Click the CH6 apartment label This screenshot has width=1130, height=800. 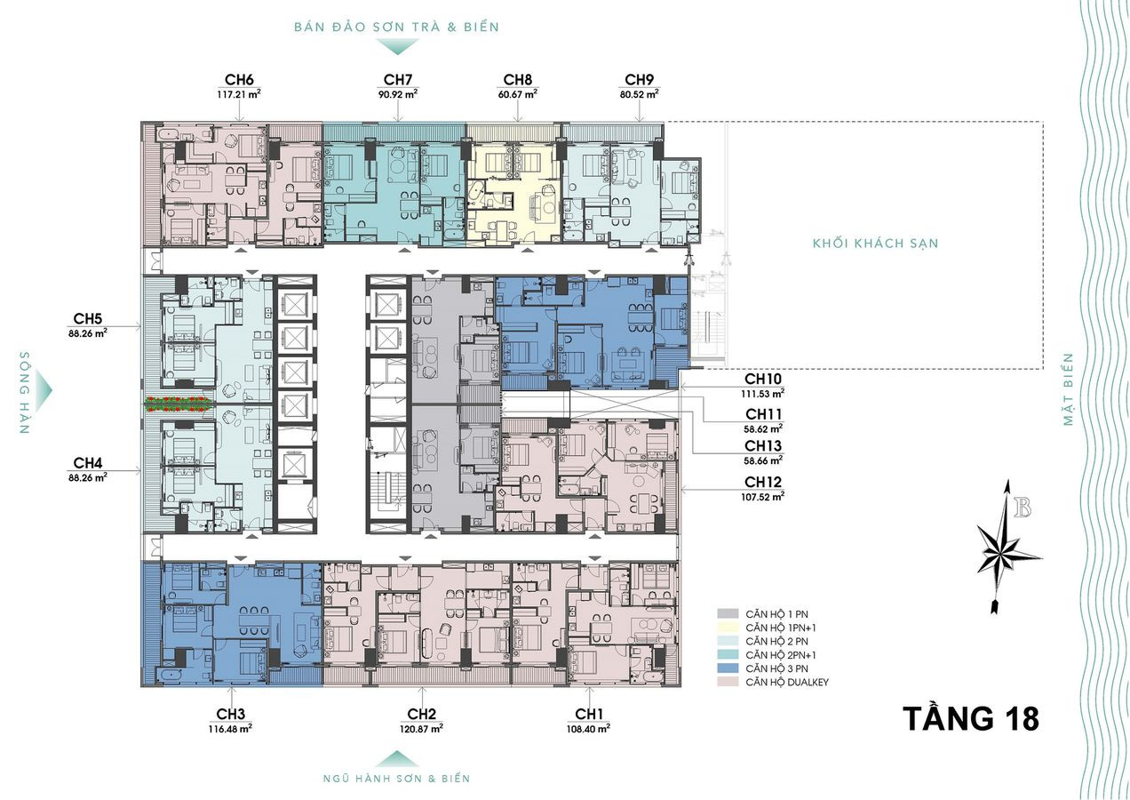coord(239,80)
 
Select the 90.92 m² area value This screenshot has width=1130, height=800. coord(398,94)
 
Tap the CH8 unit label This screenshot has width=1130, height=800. coord(518,80)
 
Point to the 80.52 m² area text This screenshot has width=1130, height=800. coord(639,94)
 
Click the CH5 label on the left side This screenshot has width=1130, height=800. coord(88,318)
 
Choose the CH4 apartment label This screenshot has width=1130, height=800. coord(88,463)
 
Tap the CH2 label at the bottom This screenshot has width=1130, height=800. coord(422,714)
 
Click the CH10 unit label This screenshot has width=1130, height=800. coord(763,379)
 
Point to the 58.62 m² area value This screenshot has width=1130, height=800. coord(764,429)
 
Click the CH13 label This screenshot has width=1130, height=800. coord(763,445)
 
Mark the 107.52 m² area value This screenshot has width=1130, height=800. coord(763,497)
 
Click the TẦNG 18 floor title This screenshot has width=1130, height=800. coord(971,719)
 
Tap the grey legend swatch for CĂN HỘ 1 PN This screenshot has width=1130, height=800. coord(728,614)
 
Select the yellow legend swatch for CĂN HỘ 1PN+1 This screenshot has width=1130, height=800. coord(728,628)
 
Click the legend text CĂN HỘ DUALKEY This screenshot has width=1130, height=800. coord(787,683)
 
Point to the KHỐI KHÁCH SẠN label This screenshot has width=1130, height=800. coord(875,244)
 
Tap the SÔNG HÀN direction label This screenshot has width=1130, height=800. coord(25,392)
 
